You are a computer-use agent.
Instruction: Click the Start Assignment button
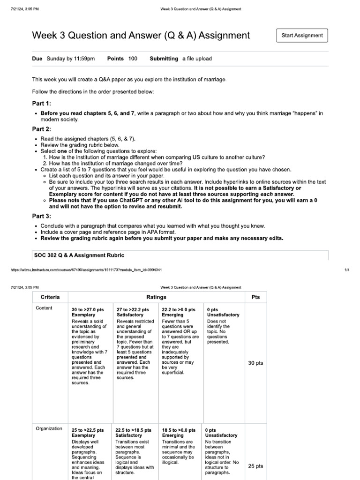point(302,35)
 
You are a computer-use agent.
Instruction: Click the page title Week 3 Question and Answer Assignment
point(141,36)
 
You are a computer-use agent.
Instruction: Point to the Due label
point(37,59)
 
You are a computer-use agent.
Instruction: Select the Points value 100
point(133,59)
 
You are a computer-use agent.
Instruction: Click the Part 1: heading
point(41,103)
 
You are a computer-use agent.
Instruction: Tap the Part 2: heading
point(41,129)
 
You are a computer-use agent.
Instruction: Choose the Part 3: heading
point(41,216)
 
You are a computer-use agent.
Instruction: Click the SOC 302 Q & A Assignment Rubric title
point(79,255)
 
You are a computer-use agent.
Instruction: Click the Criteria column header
point(50,297)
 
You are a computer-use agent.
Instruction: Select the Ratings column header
point(156,297)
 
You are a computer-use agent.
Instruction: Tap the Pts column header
point(255,297)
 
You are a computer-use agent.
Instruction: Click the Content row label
point(44,308)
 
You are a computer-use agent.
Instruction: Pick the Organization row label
point(48,428)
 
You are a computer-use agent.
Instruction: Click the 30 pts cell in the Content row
point(255,363)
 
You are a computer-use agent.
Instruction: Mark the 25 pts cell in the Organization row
point(255,466)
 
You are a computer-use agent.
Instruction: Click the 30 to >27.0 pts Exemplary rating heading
point(88,313)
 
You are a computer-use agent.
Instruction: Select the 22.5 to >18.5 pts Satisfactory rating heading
point(133,433)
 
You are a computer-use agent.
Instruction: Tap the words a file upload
point(197,59)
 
